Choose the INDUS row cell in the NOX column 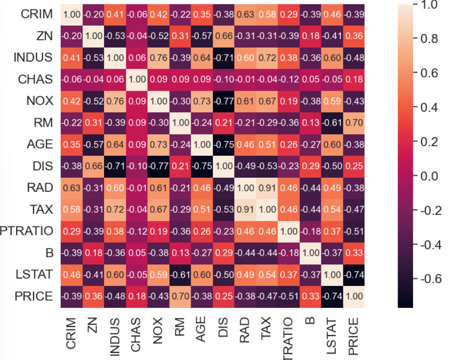[x=158, y=58]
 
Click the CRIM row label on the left [x=37, y=14]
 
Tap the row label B [x=49, y=253]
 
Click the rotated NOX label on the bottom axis [x=158, y=332]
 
